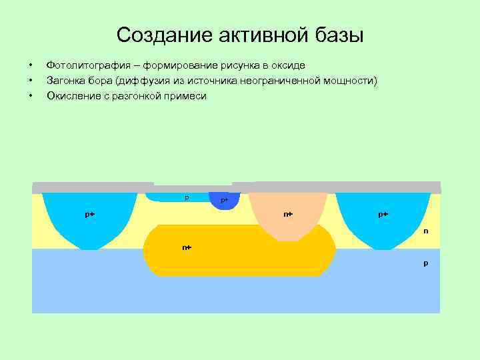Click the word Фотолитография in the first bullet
point(85,65)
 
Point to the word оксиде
point(286,65)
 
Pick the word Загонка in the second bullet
point(65,81)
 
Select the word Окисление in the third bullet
point(73,96)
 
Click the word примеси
point(186,96)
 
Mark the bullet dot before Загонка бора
point(31,81)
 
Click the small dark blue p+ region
point(224,200)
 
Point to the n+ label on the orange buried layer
point(187,247)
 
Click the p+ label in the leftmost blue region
point(89,214)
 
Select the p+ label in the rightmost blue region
point(383,214)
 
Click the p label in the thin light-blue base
point(187,197)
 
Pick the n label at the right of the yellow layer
point(425,231)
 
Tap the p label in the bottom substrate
point(425,263)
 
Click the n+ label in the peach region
point(288,214)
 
